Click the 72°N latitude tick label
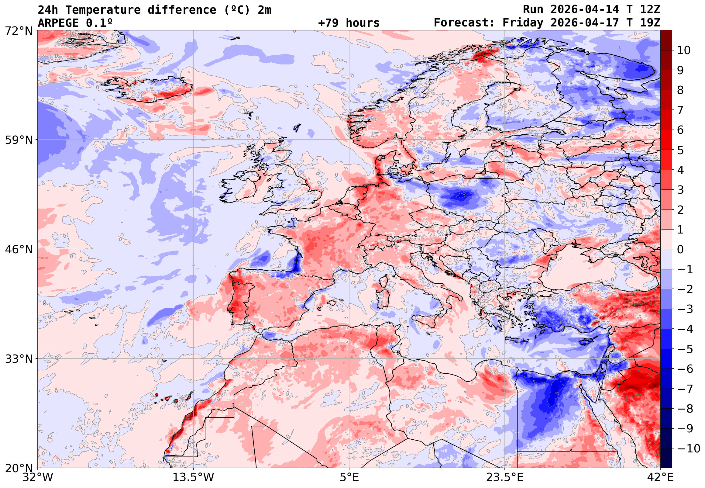(19, 31)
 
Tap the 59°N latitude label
(19, 140)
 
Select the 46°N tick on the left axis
(19, 250)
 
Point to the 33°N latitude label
(19, 359)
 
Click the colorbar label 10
(684, 50)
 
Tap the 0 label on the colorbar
(681, 250)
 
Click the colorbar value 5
(681, 150)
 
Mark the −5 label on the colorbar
(685, 349)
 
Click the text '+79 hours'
(349, 23)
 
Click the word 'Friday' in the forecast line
(523, 23)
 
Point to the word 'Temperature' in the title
(102, 10)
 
